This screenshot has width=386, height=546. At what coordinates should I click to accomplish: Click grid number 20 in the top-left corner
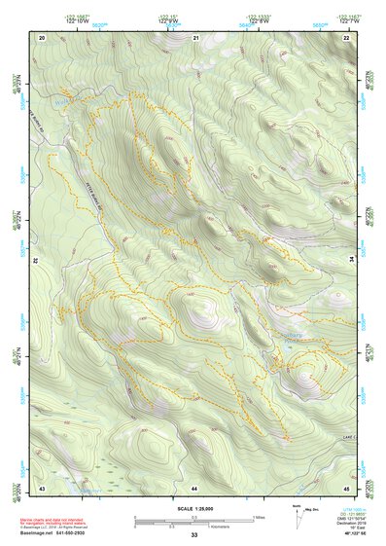click(42, 37)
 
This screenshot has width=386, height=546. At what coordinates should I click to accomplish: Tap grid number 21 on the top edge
click(195, 37)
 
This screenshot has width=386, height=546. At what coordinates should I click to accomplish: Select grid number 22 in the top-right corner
click(347, 37)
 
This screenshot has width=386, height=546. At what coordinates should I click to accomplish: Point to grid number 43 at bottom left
click(42, 487)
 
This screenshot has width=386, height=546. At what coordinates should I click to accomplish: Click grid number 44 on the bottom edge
click(194, 487)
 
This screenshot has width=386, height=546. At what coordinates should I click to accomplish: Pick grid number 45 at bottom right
click(347, 487)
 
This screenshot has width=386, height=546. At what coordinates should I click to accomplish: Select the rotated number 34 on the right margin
click(352, 260)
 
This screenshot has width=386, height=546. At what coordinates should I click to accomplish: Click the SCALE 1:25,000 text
click(193, 508)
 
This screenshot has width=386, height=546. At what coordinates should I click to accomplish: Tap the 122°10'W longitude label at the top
click(74, 19)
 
